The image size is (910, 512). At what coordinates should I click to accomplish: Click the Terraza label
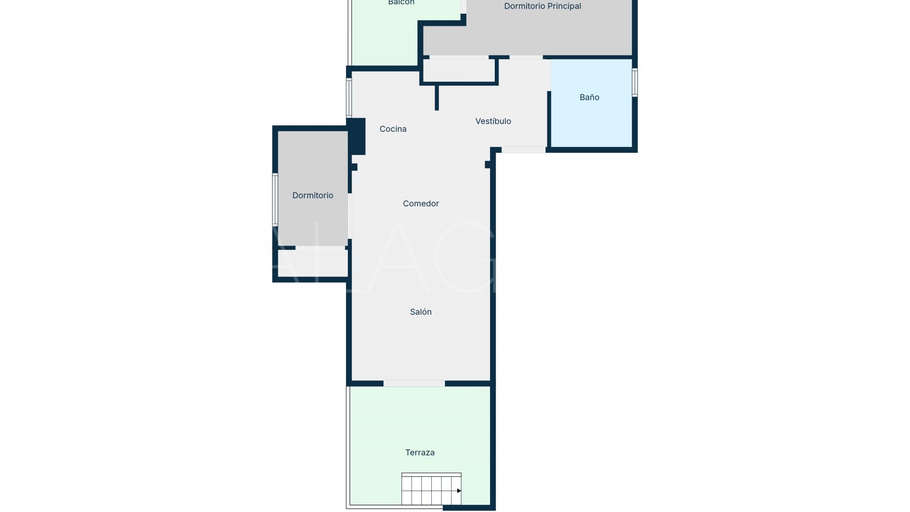tap(419, 452)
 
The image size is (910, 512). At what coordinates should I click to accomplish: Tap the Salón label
tap(420, 311)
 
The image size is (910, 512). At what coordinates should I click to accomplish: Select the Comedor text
tap(420, 203)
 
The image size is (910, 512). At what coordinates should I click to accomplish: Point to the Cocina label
tap(392, 128)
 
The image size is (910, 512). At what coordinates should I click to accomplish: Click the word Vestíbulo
tap(493, 121)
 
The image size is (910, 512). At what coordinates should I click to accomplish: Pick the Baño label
tap(589, 97)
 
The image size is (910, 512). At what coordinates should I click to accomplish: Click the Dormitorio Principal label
tap(542, 6)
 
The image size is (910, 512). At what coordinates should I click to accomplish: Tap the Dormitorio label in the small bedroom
tap(312, 195)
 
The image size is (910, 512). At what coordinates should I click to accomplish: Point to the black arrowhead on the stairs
tap(458, 491)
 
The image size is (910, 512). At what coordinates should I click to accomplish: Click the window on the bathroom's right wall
tap(635, 82)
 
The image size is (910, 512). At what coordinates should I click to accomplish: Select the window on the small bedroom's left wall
tap(275, 199)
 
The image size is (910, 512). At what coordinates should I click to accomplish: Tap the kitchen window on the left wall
tap(349, 98)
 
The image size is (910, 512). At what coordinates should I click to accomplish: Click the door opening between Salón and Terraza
tap(414, 383)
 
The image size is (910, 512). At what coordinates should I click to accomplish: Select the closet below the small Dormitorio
tap(312, 263)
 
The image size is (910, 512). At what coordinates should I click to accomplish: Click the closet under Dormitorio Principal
tap(458, 70)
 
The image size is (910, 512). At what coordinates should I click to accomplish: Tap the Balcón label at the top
tap(401, 2)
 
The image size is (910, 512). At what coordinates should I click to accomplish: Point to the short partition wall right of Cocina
tap(437, 97)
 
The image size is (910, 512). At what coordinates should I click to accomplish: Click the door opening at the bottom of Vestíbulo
tap(523, 150)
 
